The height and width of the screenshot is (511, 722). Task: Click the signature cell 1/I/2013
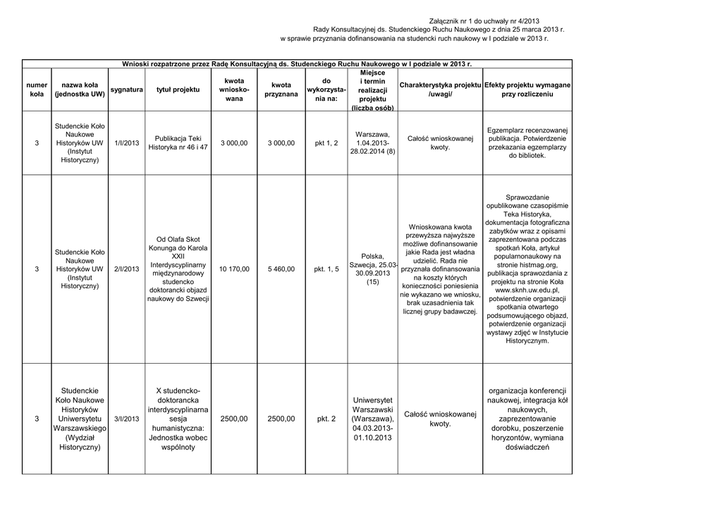click(x=126, y=143)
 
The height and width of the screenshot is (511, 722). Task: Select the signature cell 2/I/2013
click(x=126, y=269)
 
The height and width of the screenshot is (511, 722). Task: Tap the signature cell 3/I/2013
click(x=126, y=419)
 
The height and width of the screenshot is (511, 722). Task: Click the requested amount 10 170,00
click(x=234, y=269)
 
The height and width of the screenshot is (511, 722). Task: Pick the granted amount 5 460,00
click(x=281, y=269)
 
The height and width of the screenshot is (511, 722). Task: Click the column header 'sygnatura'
click(x=127, y=90)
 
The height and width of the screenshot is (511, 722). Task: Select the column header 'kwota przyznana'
click(x=281, y=90)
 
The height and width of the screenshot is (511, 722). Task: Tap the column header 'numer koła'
click(x=37, y=90)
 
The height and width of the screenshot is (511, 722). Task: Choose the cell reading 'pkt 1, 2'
click(x=326, y=143)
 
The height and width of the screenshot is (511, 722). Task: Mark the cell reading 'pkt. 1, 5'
click(x=326, y=269)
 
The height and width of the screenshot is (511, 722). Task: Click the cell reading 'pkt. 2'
click(x=326, y=419)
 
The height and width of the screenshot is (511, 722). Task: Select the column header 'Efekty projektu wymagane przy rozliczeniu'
click(x=527, y=90)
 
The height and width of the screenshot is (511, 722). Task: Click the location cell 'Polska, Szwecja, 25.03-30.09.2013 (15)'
click(x=372, y=269)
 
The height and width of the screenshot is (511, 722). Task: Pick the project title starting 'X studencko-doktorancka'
click(x=178, y=419)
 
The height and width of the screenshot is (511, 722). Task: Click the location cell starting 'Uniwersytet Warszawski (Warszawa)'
click(x=372, y=419)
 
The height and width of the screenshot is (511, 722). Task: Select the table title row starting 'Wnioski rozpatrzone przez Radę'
click(x=297, y=63)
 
